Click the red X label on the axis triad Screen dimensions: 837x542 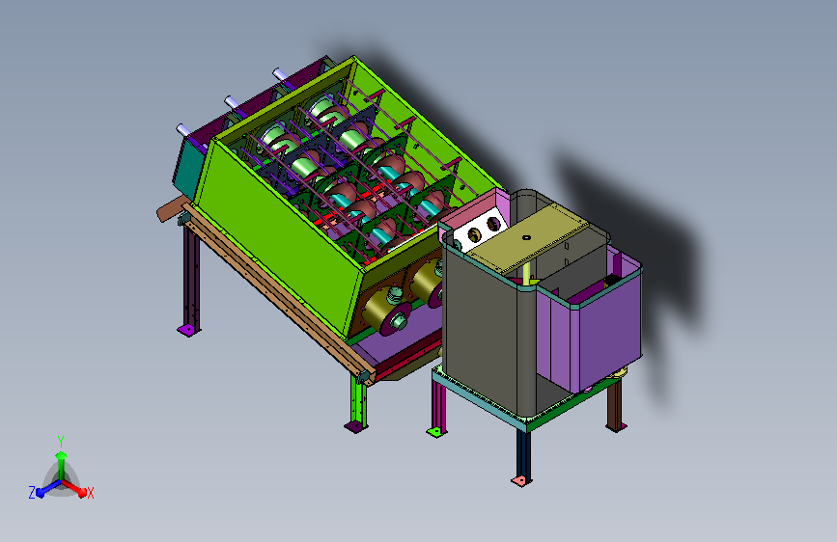tap(90, 493)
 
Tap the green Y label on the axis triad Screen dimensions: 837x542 tap(61, 441)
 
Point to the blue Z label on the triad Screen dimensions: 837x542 tap(32, 493)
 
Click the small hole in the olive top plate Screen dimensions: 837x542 tap(526, 237)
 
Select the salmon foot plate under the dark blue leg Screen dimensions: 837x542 tap(521, 480)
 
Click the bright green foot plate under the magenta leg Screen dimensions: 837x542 tap(436, 431)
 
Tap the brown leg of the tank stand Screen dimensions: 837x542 tap(615, 404)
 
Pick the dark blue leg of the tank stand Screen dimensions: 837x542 tap(523, 453)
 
